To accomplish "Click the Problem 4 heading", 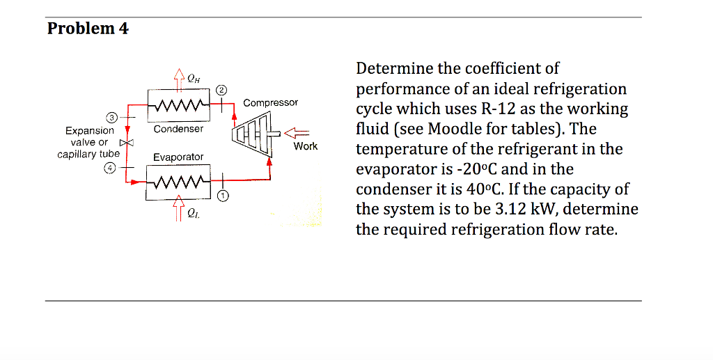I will click(x=88, y=29).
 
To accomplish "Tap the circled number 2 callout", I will click(x=221, y=90).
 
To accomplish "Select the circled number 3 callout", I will click(x=111, y=116).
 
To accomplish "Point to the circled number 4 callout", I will click(x=111, y=167).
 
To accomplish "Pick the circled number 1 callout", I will click(x=222, y=196).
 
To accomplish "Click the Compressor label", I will click(x=270, y=102).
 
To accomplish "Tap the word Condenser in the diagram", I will click(x=178, y=129).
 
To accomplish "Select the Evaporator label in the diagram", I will click(x=178, y=157).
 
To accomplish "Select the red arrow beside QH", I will click(x=179, y=78).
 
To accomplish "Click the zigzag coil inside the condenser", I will click(x=179, y=107).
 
